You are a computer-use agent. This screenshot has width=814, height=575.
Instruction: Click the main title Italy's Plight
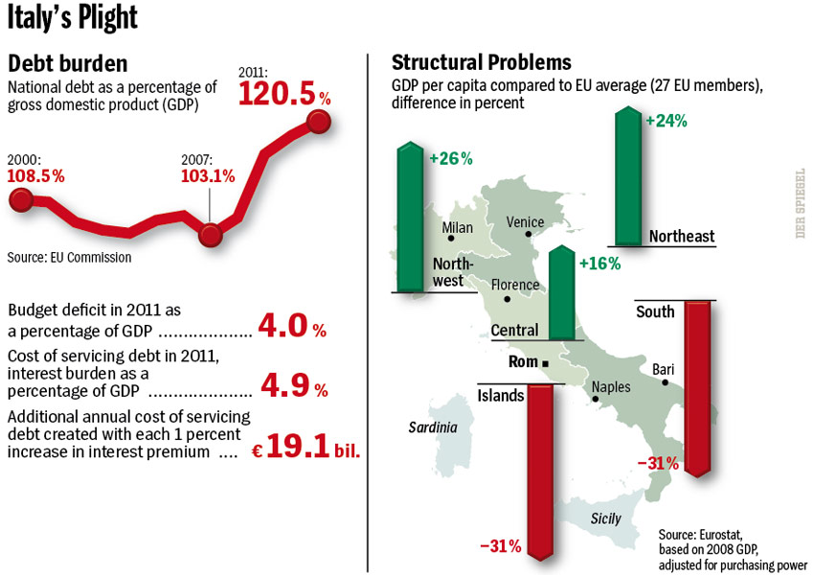pos(73,18)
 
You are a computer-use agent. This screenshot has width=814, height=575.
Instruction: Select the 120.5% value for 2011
pos(284,95)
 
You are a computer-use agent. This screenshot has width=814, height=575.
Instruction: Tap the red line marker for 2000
pos(21,199)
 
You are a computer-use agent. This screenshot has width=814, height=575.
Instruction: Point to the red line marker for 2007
pos(212,233)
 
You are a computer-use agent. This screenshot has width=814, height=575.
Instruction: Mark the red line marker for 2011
pos(319,122)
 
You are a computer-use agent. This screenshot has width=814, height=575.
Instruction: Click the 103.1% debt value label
pos(208,175)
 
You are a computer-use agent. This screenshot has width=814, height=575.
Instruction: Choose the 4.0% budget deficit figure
pos(293,327)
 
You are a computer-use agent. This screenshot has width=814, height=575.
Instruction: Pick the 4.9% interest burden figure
pos(293,387)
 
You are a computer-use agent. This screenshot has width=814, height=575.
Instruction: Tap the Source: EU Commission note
pos(69,257)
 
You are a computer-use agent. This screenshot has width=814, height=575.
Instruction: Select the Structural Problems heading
pos(482,63)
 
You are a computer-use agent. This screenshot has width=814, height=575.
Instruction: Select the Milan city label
pos(458,228)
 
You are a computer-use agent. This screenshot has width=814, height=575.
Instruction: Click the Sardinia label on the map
pos(433,427)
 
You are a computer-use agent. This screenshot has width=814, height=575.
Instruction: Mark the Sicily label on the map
pos(605,518)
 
